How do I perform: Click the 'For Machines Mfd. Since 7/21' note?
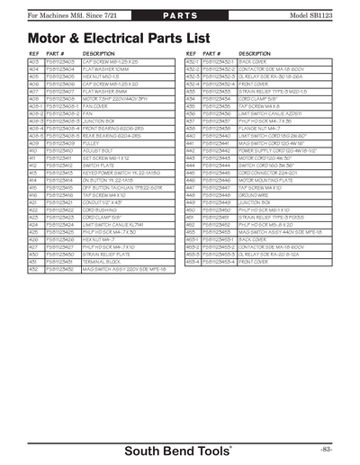55,17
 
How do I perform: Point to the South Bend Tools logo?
179,447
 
